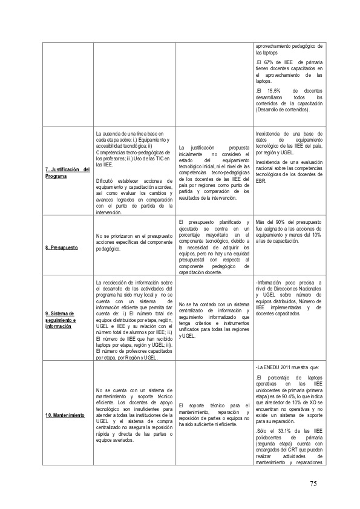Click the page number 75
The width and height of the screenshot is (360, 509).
(313, 484)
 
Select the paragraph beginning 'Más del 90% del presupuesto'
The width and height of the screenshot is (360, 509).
(290, 230)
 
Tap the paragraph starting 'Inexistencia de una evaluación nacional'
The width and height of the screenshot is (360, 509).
(290, 171)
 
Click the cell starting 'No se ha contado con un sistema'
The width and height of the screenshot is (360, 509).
(214, 318)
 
